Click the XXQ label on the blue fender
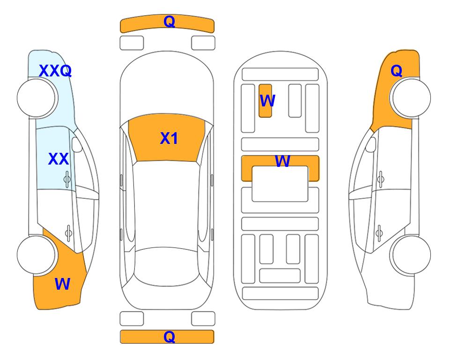tap(55, 71)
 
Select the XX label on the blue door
tap(59, 159)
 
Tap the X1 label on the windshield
tap(169, 138)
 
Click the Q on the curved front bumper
tap(170, 21)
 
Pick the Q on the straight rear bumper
tap(170, 337)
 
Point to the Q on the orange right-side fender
tap(396, 71)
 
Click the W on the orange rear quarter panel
tap(62, 284)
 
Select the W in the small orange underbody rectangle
tap(267, 101)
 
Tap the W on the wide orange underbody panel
tap(282, 161)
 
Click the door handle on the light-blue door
tap(67, 180)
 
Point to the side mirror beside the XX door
tap(77, 145)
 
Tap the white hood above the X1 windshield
tap(167, 83)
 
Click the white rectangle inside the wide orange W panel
tap(280, 184)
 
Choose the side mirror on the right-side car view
tap(371, 145)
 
